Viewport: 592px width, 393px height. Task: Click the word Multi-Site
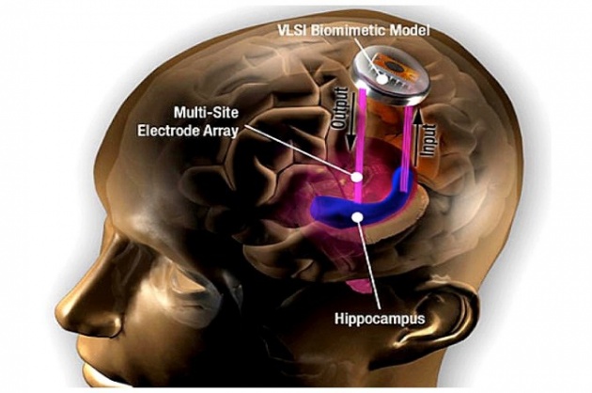tap(206, 112)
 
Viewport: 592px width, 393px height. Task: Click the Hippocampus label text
tap(380, 318)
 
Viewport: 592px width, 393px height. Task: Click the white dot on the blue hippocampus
tap(357, 216)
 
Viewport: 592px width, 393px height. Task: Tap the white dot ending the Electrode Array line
tap(356, 177)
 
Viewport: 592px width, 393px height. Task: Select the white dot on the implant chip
tap(383, 80)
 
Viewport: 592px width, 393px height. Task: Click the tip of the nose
tap(59, 307)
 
